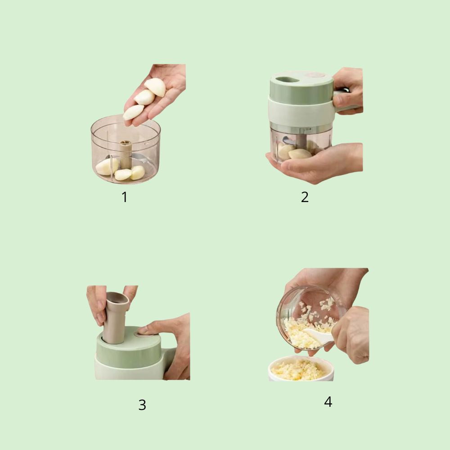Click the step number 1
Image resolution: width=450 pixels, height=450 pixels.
pos(125,197)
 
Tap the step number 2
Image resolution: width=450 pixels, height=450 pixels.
pos(305,197)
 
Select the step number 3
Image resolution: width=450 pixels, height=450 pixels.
pos(142,405)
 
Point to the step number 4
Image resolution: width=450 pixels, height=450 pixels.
pos(328,402)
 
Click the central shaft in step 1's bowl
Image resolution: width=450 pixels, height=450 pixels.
pos(126,153)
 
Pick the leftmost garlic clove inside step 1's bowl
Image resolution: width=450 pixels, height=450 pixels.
pos(107,166)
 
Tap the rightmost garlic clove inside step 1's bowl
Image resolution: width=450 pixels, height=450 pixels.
pos(138,172)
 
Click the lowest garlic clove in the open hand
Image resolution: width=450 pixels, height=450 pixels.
pos(133,112)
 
